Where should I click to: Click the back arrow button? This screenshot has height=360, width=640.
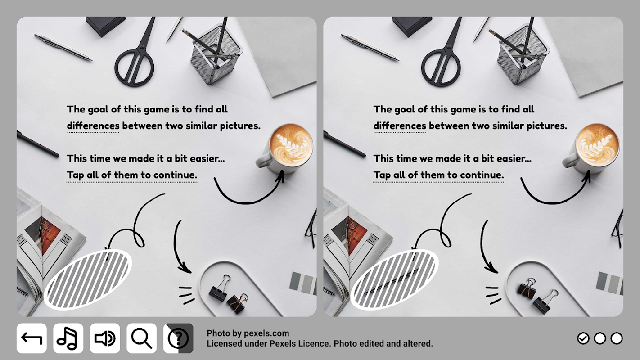[32, 338]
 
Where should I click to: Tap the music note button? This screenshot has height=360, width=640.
[68, 338]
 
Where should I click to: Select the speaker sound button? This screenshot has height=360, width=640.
[105, 338]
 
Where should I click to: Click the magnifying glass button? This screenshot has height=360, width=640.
[142, 338]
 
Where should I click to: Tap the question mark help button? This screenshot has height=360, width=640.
[178, 338]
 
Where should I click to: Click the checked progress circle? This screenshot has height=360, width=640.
[583, 338]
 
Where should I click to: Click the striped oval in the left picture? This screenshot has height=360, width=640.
[88, 279]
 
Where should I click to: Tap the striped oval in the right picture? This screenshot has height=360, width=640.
[395, 279]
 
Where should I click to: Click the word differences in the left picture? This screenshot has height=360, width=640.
[93, 126]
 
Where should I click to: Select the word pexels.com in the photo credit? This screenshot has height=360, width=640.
[266, 333]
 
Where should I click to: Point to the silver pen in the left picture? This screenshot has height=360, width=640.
[63, 47]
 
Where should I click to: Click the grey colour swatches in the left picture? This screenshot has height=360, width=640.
[303, 283]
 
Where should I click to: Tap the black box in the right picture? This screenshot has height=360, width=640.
[412, 26]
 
